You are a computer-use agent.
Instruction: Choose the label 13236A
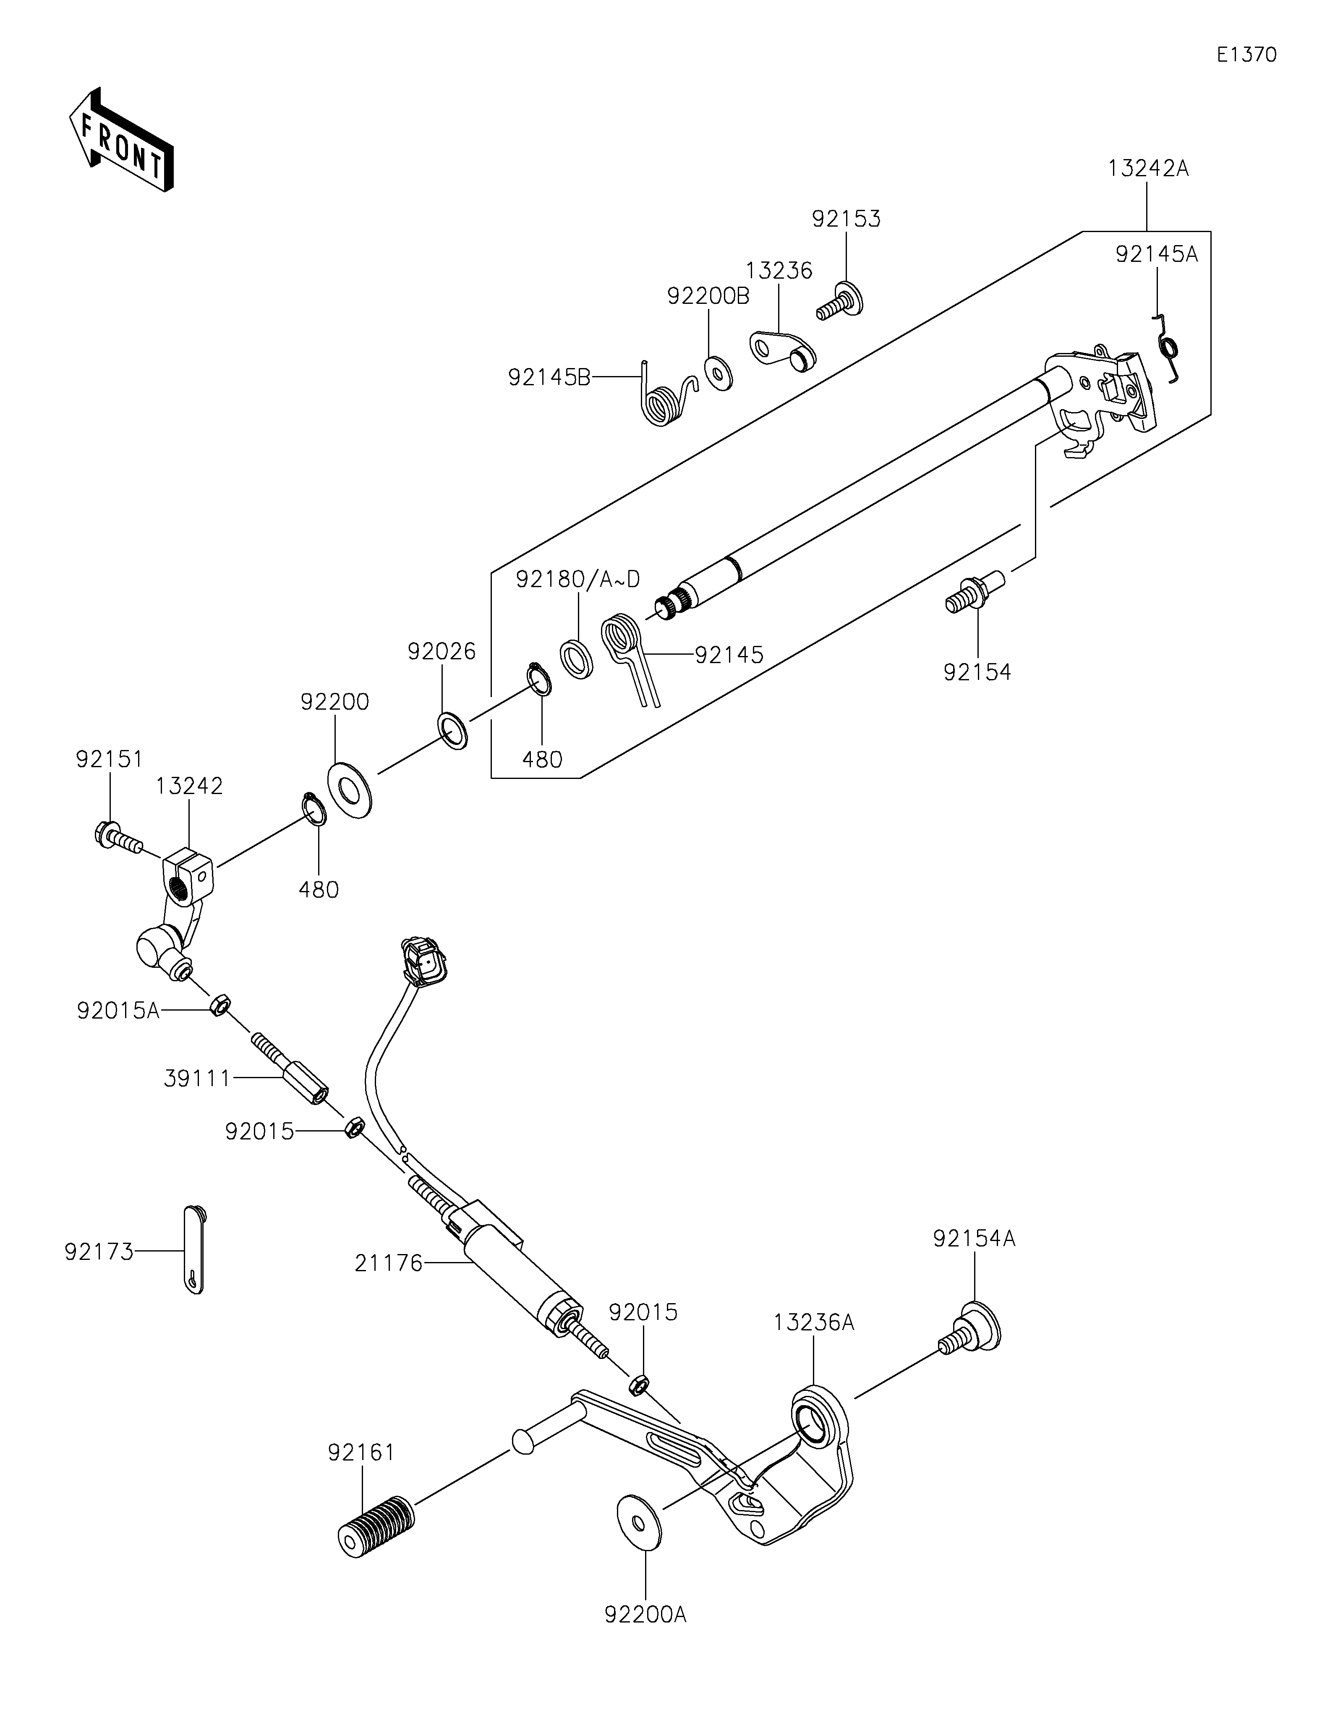(x=814, y=1323)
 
